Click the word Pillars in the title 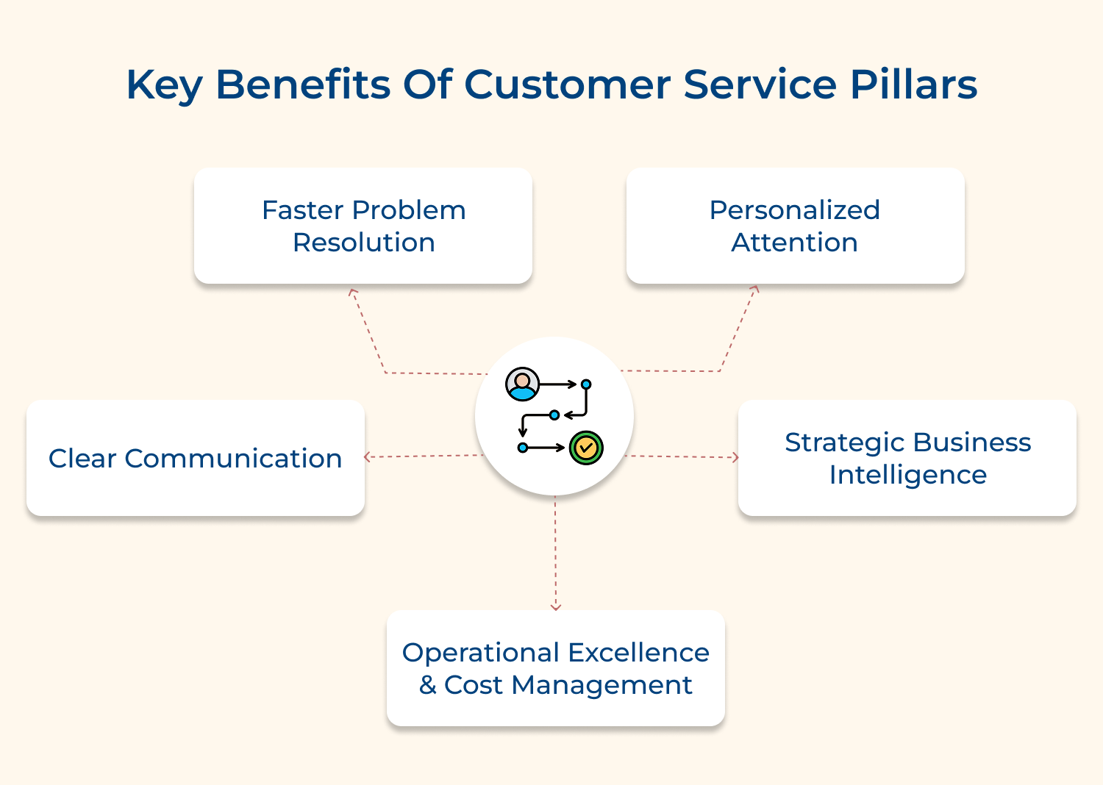click(x=913, y=85)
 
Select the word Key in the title click(x=163, y=85)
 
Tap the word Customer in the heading click(x=566, y=85)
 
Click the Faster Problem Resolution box click(x=363, y=226)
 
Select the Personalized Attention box click(x=795, y=226)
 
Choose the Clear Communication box click(x=195, y=458)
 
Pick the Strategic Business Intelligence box click(x=907, y=458)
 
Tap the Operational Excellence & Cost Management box click(x=555, y=668)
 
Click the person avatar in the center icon click(x=522, y=384)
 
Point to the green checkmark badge click(x=586, y=447)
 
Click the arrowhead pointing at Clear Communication click(x=368, y=457)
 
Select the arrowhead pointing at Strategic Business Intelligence click(x=735, y=457)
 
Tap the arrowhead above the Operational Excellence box click(x=555, y=606)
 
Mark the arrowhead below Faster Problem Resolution click(x=353, y=292)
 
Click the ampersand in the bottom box click(x=427, y=685)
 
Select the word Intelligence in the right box click(x=907, y=475)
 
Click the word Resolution click(x=363, y=243)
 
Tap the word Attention click(x=794, y=243)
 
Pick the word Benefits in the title click(x=302, y=85)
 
